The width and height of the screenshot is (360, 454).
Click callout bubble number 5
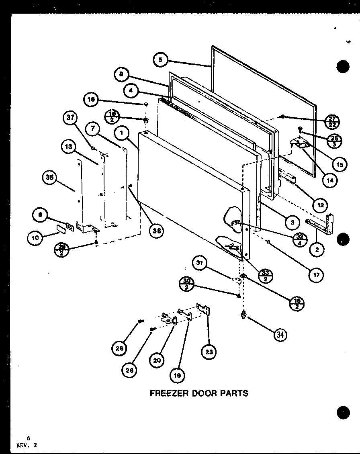pos(160,60)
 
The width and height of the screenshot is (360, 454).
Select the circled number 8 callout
pos(121,74)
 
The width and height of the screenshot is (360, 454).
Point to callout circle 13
pos(69,147)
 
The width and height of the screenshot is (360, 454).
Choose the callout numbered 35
pos(50,178)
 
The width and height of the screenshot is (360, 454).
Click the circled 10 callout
pos(35,238)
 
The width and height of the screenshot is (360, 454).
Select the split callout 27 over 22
pos(332,121)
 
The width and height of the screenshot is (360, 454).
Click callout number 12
pos(320,205)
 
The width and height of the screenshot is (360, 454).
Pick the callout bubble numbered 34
pos(280,334)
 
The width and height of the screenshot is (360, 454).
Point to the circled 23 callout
pos(209,352)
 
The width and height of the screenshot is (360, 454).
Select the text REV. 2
pos(28,445)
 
